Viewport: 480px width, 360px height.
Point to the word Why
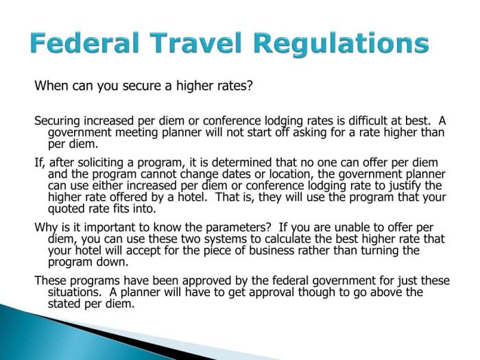point(45,227)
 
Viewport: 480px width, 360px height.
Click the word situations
point(73,293)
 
